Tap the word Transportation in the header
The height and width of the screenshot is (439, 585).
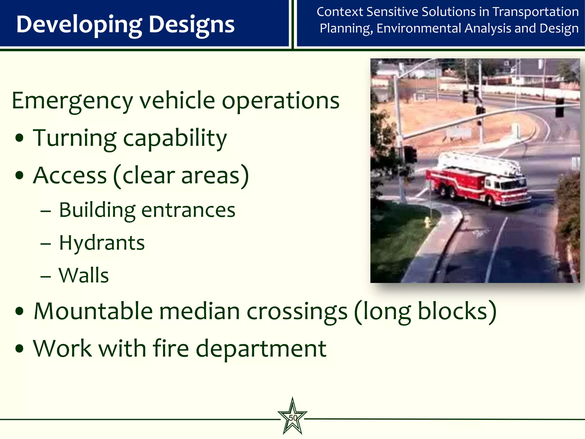(536, 12)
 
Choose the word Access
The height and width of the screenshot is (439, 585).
(70, 175)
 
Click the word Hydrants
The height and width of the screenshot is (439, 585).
(102, 243)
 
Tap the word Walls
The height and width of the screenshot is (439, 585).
(84, 276)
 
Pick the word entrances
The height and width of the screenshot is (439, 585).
(188, 210)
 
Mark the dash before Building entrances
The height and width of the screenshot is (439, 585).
(46, 211)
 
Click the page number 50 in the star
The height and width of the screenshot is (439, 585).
(292, 418)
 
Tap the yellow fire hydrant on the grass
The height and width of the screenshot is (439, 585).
(427, 222)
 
